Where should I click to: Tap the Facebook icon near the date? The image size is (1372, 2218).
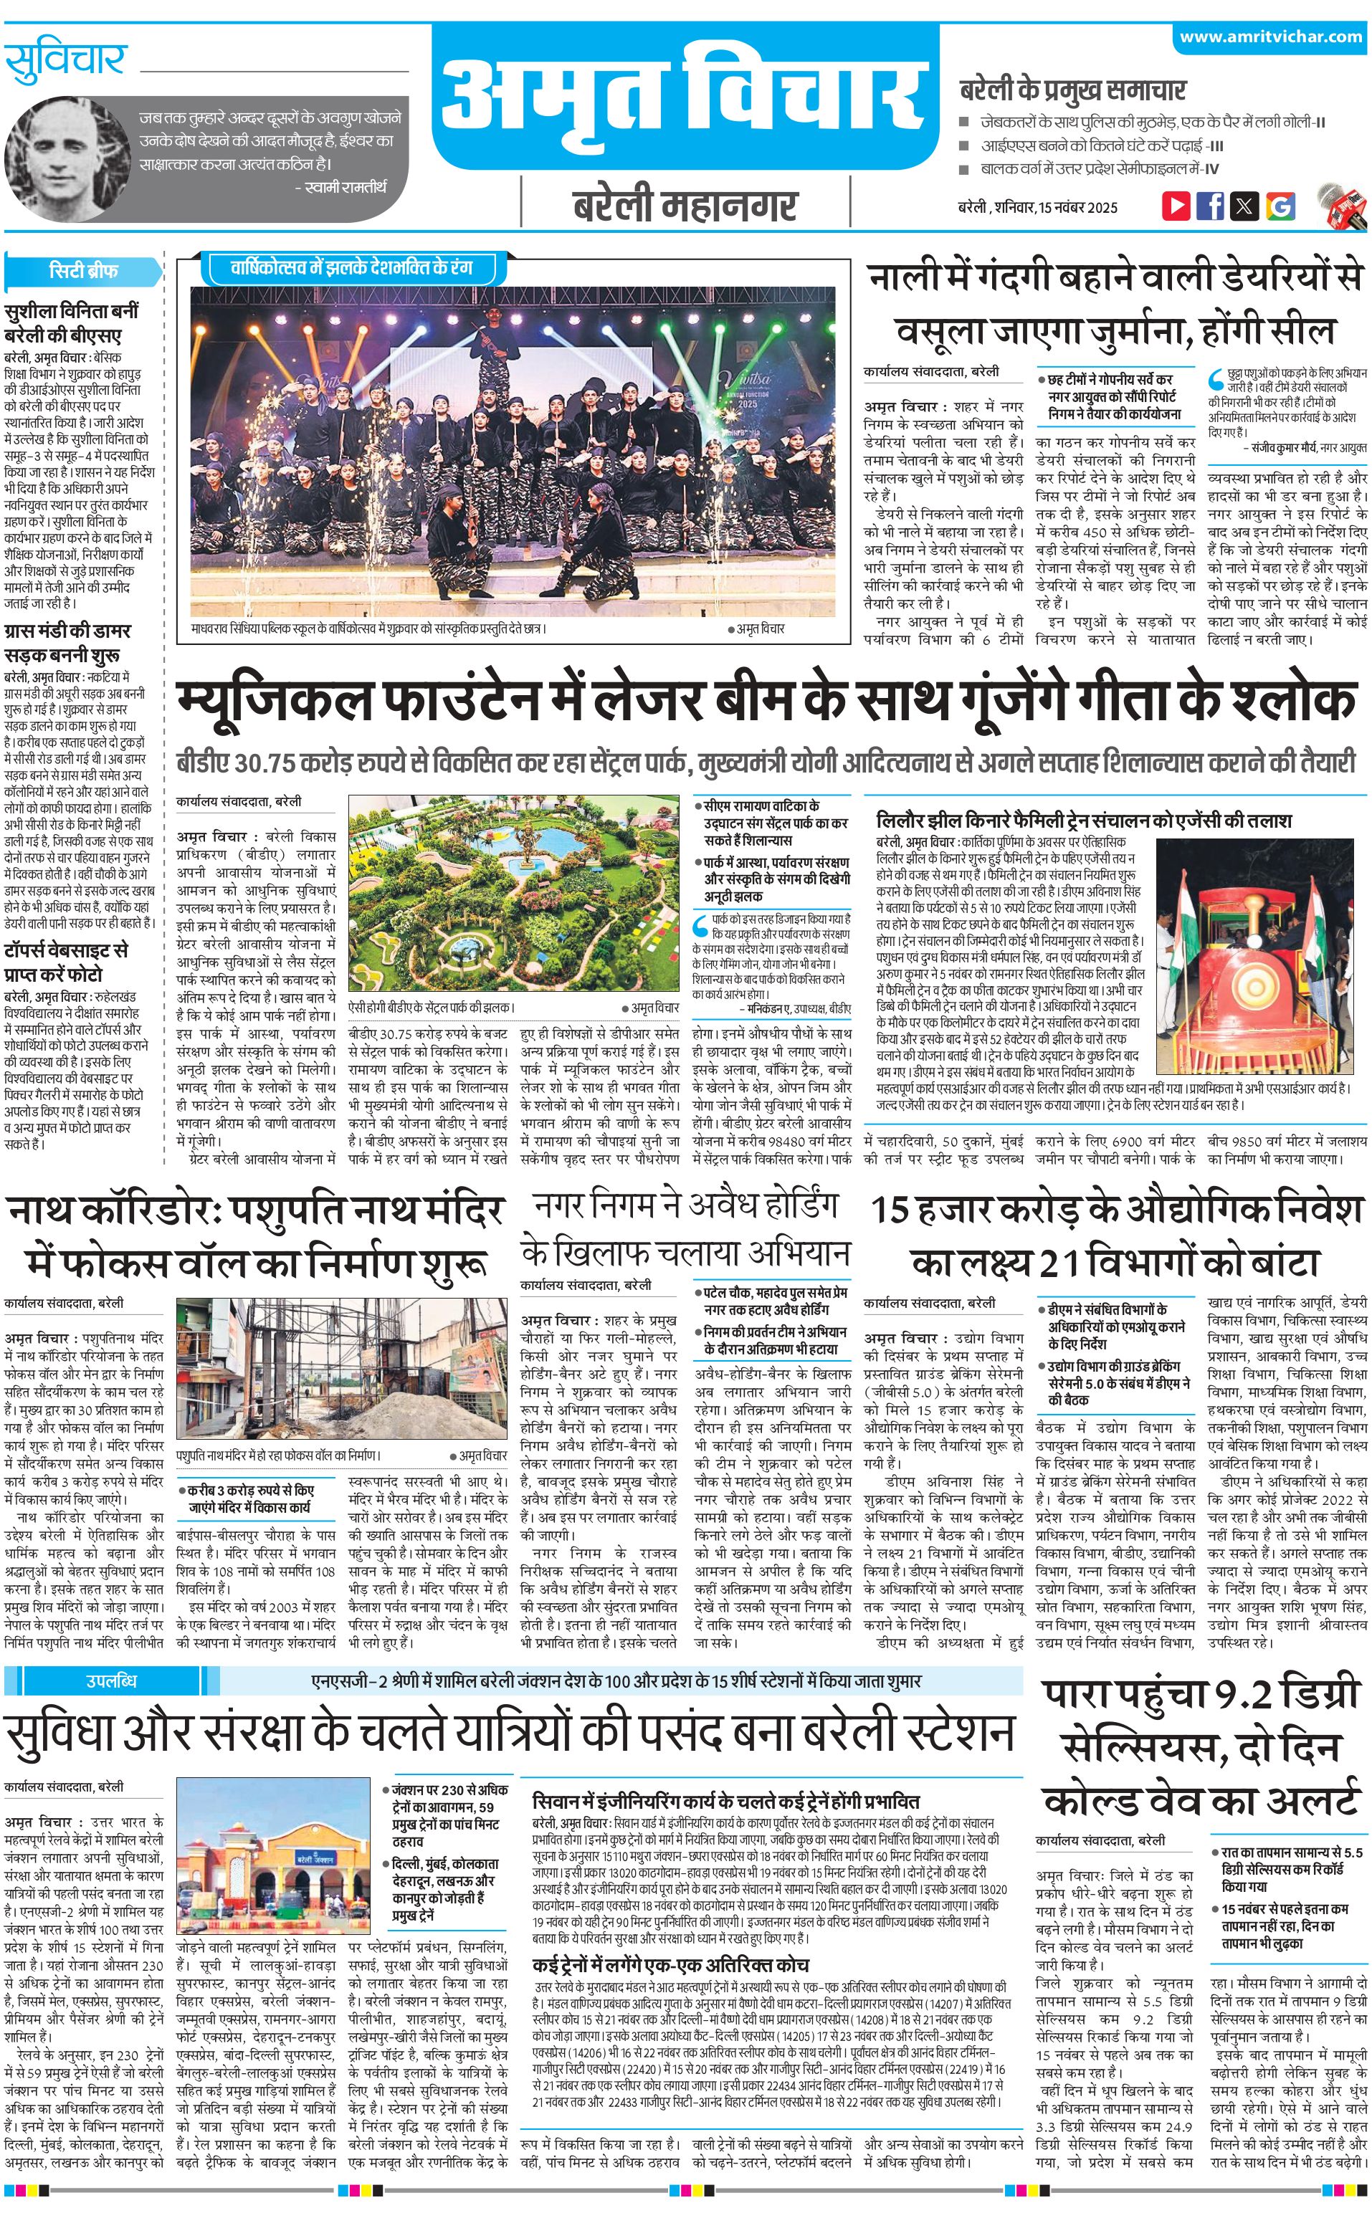click(1209, 205)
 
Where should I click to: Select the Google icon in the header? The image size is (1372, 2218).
click(1280, 206)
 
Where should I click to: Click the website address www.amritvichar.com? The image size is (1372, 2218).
click(1270, 37)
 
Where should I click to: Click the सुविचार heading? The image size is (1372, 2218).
click(65, 61)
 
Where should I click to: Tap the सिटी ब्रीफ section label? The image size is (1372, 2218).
click(83, 270)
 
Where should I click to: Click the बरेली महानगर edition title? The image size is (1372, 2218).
click(684, 204)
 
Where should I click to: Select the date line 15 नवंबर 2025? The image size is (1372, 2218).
click(1037, 207)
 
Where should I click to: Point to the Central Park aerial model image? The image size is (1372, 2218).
click(513, 897)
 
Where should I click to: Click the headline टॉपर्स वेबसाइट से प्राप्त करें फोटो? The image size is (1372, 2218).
click(66, 961)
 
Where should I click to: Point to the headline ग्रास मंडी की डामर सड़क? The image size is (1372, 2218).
click(67, 641)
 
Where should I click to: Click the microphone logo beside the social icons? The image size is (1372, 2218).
click(1341, 205)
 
